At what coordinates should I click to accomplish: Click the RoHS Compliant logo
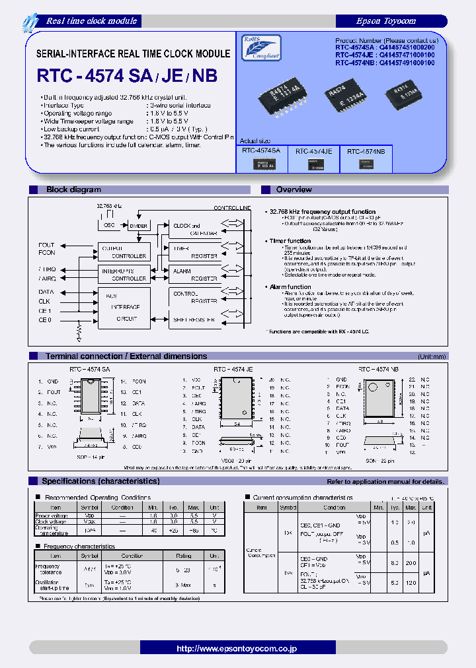point(262,48)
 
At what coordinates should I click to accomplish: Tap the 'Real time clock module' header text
point(91,20)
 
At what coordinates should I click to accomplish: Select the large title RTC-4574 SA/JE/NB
point(127,76)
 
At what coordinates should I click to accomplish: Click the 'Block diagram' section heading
point(73,190)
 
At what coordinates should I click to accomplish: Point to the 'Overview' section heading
point(294,190)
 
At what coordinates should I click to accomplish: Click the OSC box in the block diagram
point(109,225)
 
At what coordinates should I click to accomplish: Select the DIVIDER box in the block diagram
point(138,225)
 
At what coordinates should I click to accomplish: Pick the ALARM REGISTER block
point(194,275)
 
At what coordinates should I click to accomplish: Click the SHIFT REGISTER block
point(194,320)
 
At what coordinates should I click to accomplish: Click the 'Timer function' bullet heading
point(290,241)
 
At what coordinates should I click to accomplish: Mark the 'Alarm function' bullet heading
point(290,287)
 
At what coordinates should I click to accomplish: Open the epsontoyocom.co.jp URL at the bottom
point(237,649)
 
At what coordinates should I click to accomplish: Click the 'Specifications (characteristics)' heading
point(100,481)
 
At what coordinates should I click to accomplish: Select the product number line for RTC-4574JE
point(385,56)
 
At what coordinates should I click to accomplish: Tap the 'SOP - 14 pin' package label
point(92,457)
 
